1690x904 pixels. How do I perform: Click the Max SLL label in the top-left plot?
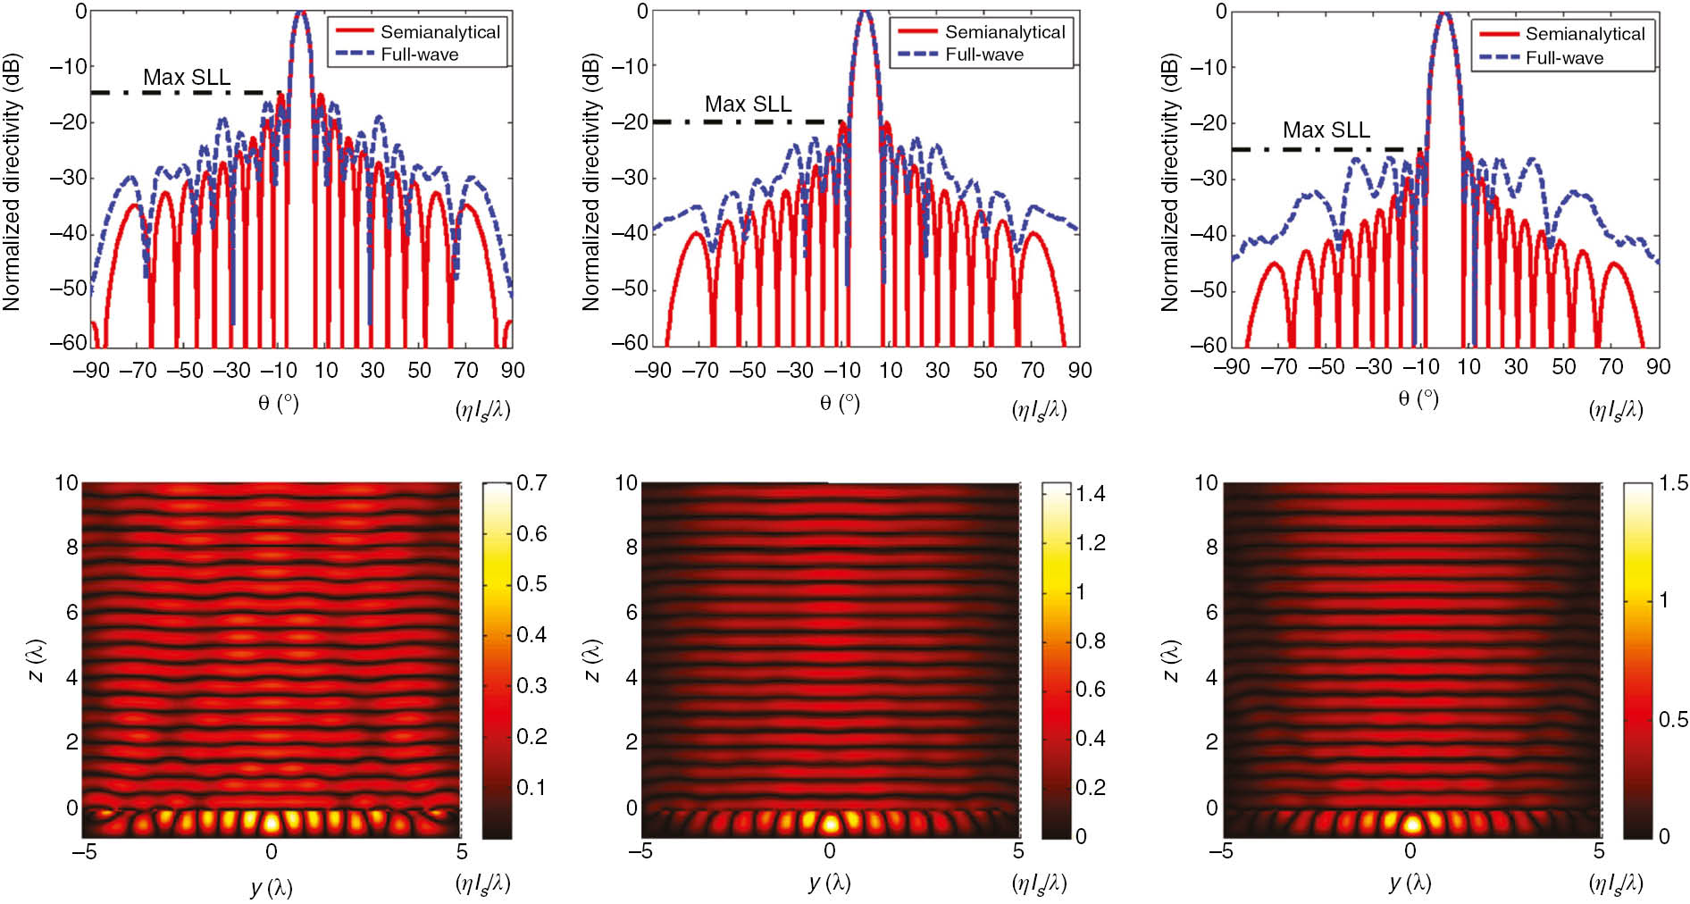187,77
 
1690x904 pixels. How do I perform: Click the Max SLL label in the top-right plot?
1326,130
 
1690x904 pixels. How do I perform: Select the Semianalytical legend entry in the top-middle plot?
1004,32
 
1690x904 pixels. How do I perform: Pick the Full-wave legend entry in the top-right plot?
1563,58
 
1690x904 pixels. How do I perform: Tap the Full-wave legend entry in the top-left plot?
419,54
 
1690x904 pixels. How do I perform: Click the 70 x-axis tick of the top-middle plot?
1032,370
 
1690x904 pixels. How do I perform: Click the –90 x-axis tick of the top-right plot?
1231,367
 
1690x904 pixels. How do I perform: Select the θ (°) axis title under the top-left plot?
278,403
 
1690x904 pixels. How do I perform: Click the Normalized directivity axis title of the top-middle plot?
590,183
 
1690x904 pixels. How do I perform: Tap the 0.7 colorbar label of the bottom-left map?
531,483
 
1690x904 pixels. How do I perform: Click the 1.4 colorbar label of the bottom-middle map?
1091,494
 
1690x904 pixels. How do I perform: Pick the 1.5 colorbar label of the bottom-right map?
1673,483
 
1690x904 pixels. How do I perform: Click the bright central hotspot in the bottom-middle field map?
830,824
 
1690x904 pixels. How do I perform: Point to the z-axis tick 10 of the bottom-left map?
66,483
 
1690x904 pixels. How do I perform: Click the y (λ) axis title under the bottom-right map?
1410,883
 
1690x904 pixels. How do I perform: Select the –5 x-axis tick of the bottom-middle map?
640,850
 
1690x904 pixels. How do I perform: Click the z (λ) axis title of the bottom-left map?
37,661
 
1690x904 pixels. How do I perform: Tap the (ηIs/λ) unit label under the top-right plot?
1615,410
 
